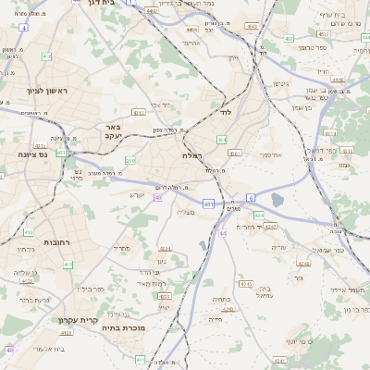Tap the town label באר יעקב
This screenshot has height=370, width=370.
(x=113, y=131)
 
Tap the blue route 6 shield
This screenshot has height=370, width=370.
(x=250, y=198)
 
